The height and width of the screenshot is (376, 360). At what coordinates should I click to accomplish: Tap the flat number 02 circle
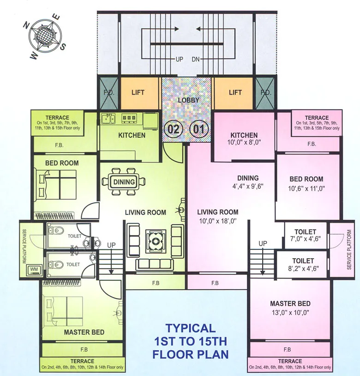click(x=173, y=129)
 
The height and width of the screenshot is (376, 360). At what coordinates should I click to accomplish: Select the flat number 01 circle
click(x=198, y=129)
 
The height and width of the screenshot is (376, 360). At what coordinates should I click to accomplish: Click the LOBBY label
click(x=188, y=100)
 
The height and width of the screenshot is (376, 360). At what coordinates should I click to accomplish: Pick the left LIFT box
click(x=138, y=93)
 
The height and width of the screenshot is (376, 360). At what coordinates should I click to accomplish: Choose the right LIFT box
click(x=235, y=93)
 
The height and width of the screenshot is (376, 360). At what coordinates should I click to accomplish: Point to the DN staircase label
click(x=196, y=60)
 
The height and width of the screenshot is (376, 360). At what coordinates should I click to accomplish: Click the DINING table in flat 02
click(x=124, y=182)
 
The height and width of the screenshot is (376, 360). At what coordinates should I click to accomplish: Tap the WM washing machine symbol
click(x=34, y=269)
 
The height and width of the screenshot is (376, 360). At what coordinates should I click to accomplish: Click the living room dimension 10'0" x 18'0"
click(x=218, y=221)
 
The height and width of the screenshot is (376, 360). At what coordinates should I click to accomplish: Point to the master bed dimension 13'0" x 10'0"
click(x=290, y=312)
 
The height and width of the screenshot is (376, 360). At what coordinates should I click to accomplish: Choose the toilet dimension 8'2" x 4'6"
click(x=303, y=269)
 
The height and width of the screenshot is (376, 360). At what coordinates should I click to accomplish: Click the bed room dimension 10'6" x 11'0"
click(x=306, y=188)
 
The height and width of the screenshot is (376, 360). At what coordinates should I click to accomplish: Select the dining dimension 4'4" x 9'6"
click(x=248, y=187)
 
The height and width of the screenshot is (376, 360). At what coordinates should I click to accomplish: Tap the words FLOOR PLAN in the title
click(x=190, y=355)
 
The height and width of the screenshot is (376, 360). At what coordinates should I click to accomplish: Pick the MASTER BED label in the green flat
click(x=84, y=332)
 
